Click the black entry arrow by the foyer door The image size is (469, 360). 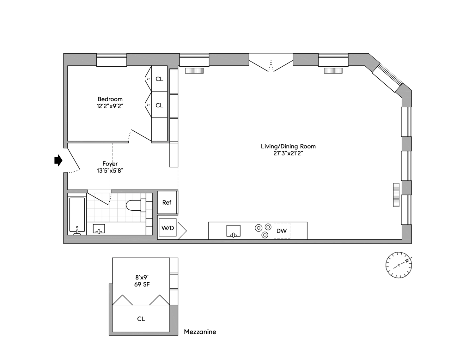tap(58, 160)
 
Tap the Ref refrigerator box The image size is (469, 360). tap(167, 202)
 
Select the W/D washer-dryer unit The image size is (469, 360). tap(168, 228)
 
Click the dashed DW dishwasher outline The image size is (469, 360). tap(282, 231)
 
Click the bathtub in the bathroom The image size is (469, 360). tap(77, 216)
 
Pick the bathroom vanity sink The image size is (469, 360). tap(99, 229)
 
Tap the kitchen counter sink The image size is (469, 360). tap(233, 231)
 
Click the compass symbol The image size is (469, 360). tap(399, 265)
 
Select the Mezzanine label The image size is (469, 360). tap(200, 332)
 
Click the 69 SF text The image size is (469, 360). tap(142, 284)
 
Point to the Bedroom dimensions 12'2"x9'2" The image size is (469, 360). tap(110, 106)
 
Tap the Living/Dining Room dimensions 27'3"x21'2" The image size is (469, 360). tap(288, 153)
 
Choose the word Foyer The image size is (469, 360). tap(110, 164)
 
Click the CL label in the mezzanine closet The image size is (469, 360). tap(141, 319)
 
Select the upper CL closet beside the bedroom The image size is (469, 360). tap(160, 79)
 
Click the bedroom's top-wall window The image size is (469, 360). tap(111, 60)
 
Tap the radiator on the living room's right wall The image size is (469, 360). tap(396, 195)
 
